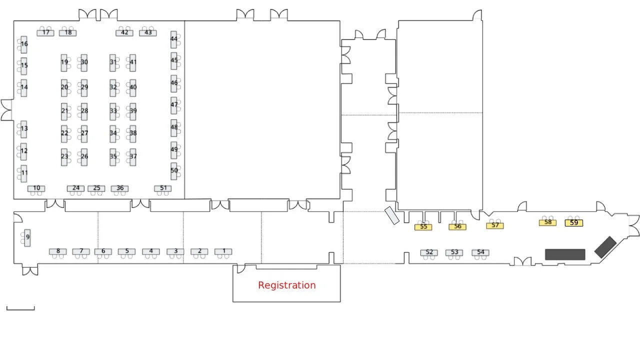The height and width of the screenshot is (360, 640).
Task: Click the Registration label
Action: (286, 285)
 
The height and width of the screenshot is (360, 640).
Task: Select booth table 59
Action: (573, 223)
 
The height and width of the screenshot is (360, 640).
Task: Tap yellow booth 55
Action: (423, 227)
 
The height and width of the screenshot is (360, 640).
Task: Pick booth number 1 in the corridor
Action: (223, 251)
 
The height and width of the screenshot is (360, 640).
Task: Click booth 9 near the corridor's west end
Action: (27, 237)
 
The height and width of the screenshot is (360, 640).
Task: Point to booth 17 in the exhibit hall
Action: (45, 33)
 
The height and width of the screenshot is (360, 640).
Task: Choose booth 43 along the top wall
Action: (148, 33)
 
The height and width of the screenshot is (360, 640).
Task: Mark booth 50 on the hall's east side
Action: (174, 170)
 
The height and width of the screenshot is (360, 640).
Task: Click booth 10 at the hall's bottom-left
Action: (36, 188)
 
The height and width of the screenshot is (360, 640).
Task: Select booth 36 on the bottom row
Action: (120, 188)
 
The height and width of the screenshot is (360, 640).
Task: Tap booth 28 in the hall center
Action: (84, 111)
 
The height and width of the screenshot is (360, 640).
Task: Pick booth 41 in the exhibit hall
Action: (132, 62)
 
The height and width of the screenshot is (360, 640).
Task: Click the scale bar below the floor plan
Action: (20, 308)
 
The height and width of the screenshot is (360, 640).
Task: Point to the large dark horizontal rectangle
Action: (565, 254)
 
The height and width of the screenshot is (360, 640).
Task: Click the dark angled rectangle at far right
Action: (605, 247)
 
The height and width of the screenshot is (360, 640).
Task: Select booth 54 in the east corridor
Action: (480, 252)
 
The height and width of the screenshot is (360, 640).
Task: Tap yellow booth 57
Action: (495, 225)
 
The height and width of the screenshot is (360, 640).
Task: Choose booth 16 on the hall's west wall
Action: (24, 44)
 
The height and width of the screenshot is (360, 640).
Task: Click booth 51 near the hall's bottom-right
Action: (163, 188)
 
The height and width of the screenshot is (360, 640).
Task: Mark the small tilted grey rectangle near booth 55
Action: (392, 215)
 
